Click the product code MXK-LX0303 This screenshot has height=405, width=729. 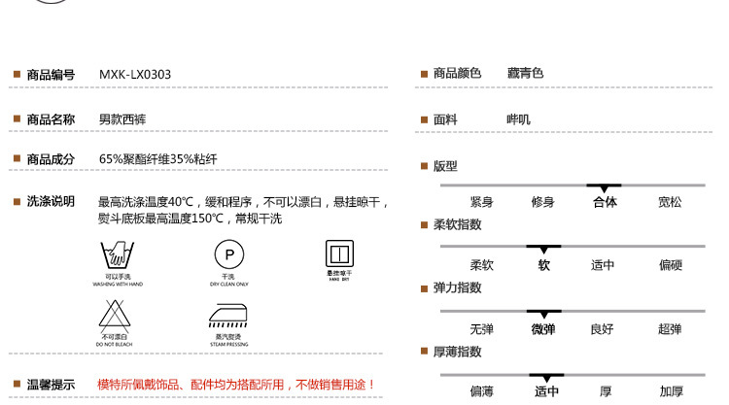pos(135,74)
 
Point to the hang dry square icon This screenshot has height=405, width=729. pos(336,254)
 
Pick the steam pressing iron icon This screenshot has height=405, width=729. pos(225,316)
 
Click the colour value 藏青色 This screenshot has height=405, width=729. pos(526,74)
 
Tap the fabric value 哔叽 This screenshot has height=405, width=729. pos(519,119)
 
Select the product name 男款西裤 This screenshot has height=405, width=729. pos(122,119)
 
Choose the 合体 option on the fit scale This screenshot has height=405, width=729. pos(604,202)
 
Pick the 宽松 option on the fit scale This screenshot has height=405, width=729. pos(670,202)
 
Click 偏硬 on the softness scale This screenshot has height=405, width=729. pos(670,265)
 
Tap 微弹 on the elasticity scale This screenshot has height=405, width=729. pos(543,328)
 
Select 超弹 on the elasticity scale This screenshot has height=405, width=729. pos(670,328)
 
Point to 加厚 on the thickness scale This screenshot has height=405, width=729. pos(671,391)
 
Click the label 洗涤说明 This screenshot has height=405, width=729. pos(51,201)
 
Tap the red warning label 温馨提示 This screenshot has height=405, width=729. pos(51,385)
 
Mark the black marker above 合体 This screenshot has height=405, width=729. pos(604,186)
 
